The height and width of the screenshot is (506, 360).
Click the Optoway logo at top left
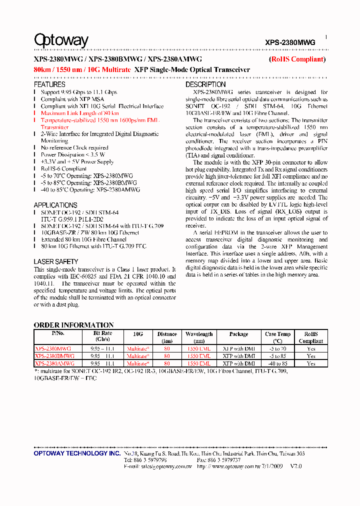tap(61, 40)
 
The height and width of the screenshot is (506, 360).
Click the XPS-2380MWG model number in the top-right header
tap(290, 43)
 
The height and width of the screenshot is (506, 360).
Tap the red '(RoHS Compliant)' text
tap(297, 59)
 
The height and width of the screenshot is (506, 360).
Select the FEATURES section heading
tap(49, 85)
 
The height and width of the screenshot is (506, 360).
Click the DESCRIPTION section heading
tap(205, 85)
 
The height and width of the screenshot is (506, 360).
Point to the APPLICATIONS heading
tap(55, 205)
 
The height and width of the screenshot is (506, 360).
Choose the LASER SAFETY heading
tap(56, 261)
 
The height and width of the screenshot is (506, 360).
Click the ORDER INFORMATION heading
tap(73, 325)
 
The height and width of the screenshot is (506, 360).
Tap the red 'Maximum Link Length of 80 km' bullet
tap(80, 113)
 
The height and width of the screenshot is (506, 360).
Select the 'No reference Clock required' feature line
tap(74, 148)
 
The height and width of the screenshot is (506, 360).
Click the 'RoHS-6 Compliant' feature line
tap(63, 169)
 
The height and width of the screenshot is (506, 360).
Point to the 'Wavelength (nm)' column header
tap(199, 337)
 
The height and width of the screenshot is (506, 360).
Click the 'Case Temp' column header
tap(277, 337)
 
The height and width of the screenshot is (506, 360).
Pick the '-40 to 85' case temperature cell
tap(277, 363)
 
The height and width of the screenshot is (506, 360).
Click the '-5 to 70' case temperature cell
tap(277, 348)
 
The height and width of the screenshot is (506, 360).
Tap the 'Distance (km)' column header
tap(167, 337)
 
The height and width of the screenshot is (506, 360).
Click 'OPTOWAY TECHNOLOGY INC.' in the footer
tap(77, 453)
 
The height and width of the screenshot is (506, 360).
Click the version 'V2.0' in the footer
tap(296, 466)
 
